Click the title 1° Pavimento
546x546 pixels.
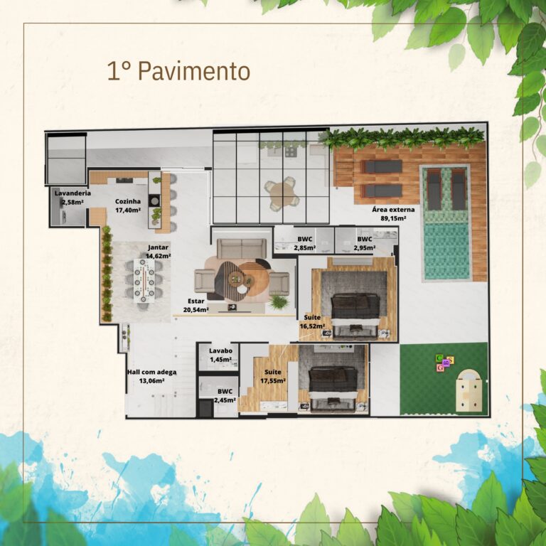pyautogui.click(x=178, y=71)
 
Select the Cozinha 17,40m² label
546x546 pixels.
pyautogui.click(x=128, y=205)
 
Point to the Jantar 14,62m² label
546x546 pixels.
pyautogui.click(x=159, y=252)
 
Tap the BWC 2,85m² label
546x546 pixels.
pyautogui.click(x=304, y=243)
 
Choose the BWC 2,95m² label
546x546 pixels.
pyautogui.click(x=365, y=243)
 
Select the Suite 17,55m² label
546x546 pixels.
pyautogui.click(x=273, y=376)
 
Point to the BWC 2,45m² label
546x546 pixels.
pyautogui.click(x=225, y=395)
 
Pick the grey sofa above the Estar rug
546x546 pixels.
pyautogui.click(x=242, y=248)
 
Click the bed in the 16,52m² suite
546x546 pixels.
pyautogui.click(x=355, y=306)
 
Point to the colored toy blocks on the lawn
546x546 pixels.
pyautogui.click(x=445, y=363)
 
